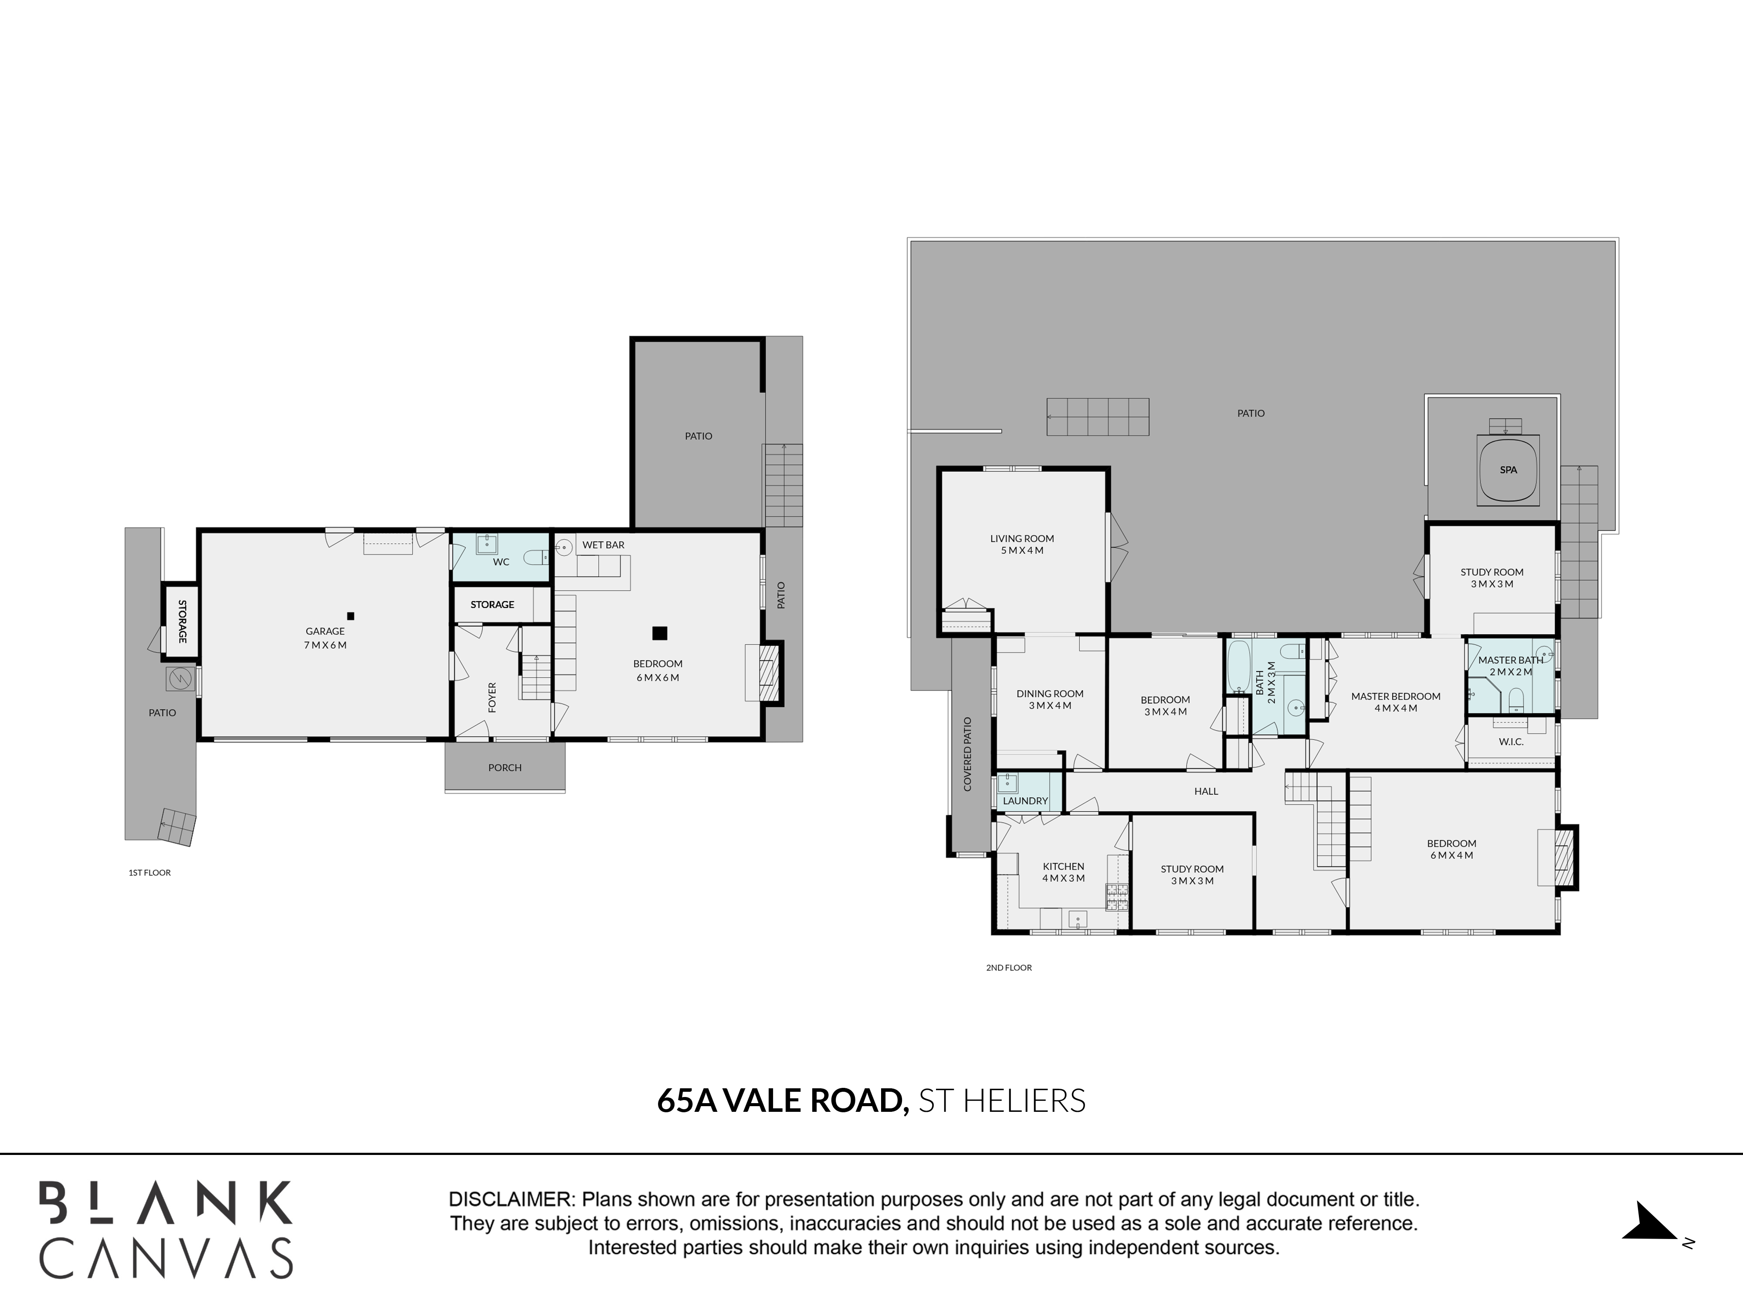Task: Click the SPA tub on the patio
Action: click(x=1508, y=471)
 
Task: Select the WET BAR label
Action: click(x=604, y=545)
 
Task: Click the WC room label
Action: click(x=501, y=562)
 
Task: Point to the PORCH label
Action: click(x=505, y=767)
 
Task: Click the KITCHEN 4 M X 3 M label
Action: click(x=1064, y=872)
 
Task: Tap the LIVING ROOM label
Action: click(x=1022, y=539)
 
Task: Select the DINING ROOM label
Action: click(x=1050, y=694)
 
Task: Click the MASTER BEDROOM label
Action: click(x=1396, y=697)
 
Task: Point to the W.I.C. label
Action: click(x=1511, y=742)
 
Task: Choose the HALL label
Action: click(x=1207, y=791)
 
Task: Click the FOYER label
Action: click(x=492, y=697)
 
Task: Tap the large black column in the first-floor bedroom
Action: click(x=660, y=633)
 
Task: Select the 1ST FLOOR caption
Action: click(x=150, y=873)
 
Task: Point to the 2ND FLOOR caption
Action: click(x=1009, y=968)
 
